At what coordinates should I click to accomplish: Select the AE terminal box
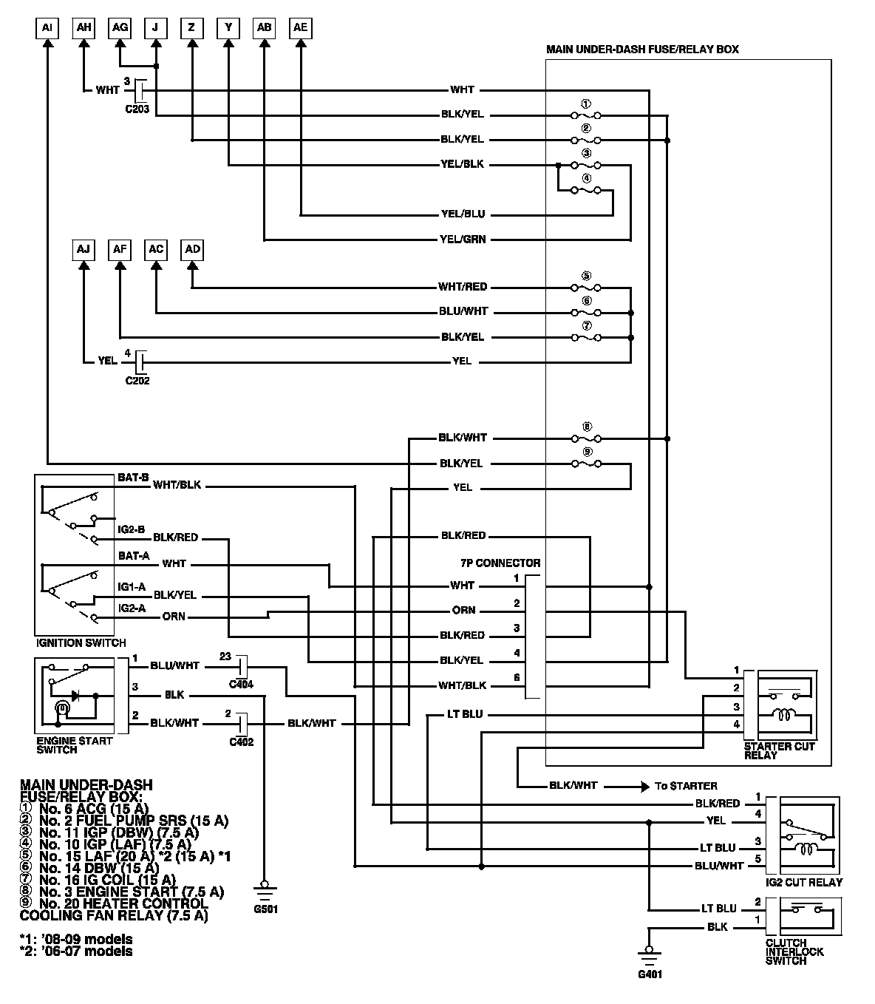(x=300, y=28)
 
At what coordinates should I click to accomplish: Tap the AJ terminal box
(x=84, y=250)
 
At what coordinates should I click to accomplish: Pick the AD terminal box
(x=192, y=250)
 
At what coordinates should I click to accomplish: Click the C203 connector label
(x=137, y=109)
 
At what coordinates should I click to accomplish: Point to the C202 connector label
(x=137, y=381)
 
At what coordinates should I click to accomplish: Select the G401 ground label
(x=650, y=974)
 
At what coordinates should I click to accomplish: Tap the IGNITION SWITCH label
(x=81, y=643)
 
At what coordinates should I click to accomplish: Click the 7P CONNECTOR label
(x=500, y=563)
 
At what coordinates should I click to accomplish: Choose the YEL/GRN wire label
(x=463, y=240)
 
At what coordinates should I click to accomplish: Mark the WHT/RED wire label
(x=463, y=287)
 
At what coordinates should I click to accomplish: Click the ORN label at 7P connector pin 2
(x=463, y=611)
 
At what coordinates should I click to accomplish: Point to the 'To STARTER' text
(x=685, y=786)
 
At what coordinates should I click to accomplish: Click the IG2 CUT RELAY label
(x=804, y=883)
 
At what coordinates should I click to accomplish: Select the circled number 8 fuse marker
(x=587, y=427)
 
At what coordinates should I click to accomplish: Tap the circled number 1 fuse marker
(x=587, y=104)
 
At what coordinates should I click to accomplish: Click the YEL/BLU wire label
(x=463, y=214)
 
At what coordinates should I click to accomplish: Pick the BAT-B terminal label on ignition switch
(x=133, y=478)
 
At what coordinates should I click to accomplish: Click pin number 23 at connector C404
(x=225, y=656)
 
